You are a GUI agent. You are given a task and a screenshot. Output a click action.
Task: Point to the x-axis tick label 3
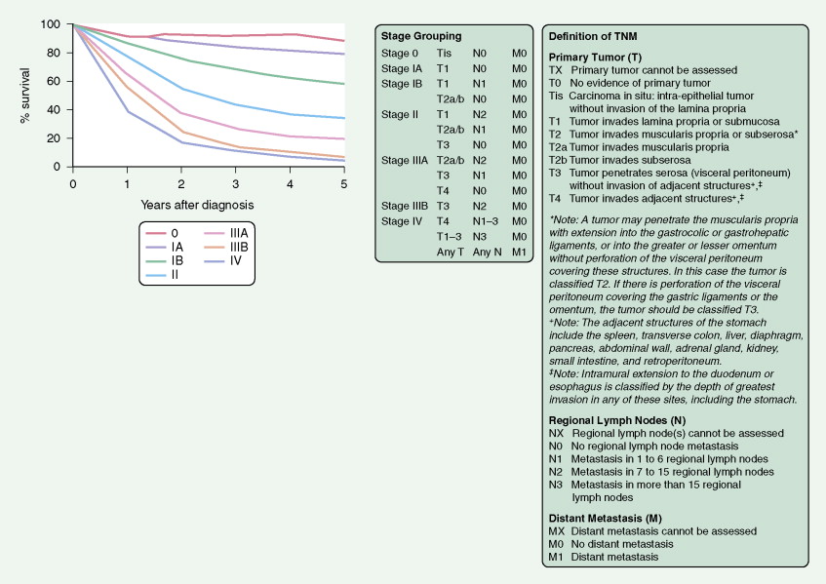(x=235, y=182)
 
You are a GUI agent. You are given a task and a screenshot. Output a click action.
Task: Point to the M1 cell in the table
(x=521, y=251)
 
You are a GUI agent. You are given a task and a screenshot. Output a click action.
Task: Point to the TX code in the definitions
(x=555, y=70)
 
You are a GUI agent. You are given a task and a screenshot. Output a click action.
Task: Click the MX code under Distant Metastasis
(x=556, y=531)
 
